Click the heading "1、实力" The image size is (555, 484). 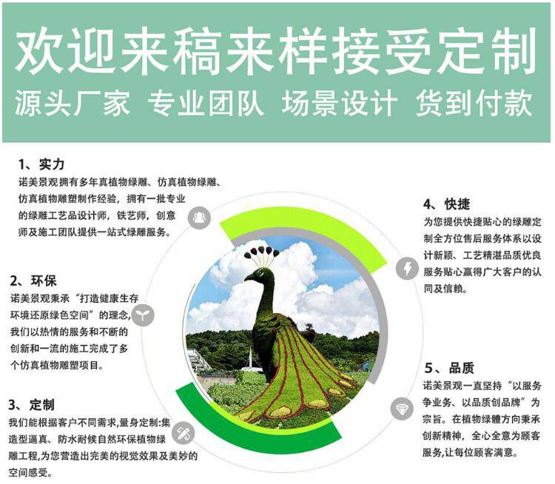click(41, 164)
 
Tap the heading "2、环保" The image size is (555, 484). click(33, 280)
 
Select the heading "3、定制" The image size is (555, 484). click(32, 405)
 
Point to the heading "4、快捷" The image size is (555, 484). click(447, 204)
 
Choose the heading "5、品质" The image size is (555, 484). click(449, 368)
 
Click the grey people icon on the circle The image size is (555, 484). click(199, 218)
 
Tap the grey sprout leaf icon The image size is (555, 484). click(143, 315)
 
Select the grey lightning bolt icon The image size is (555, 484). click(407, 269)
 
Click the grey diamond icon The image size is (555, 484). click(402, 409)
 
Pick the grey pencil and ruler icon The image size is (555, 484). click(184, 433)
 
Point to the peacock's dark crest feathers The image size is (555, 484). click(261, 252)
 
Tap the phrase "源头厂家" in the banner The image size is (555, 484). click(73, 103)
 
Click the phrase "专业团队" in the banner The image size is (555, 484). click(206, 103)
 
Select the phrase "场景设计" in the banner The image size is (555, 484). click(340, 103)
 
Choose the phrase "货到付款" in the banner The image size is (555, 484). click(474, 103)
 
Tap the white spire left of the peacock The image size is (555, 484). click(251, 357)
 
